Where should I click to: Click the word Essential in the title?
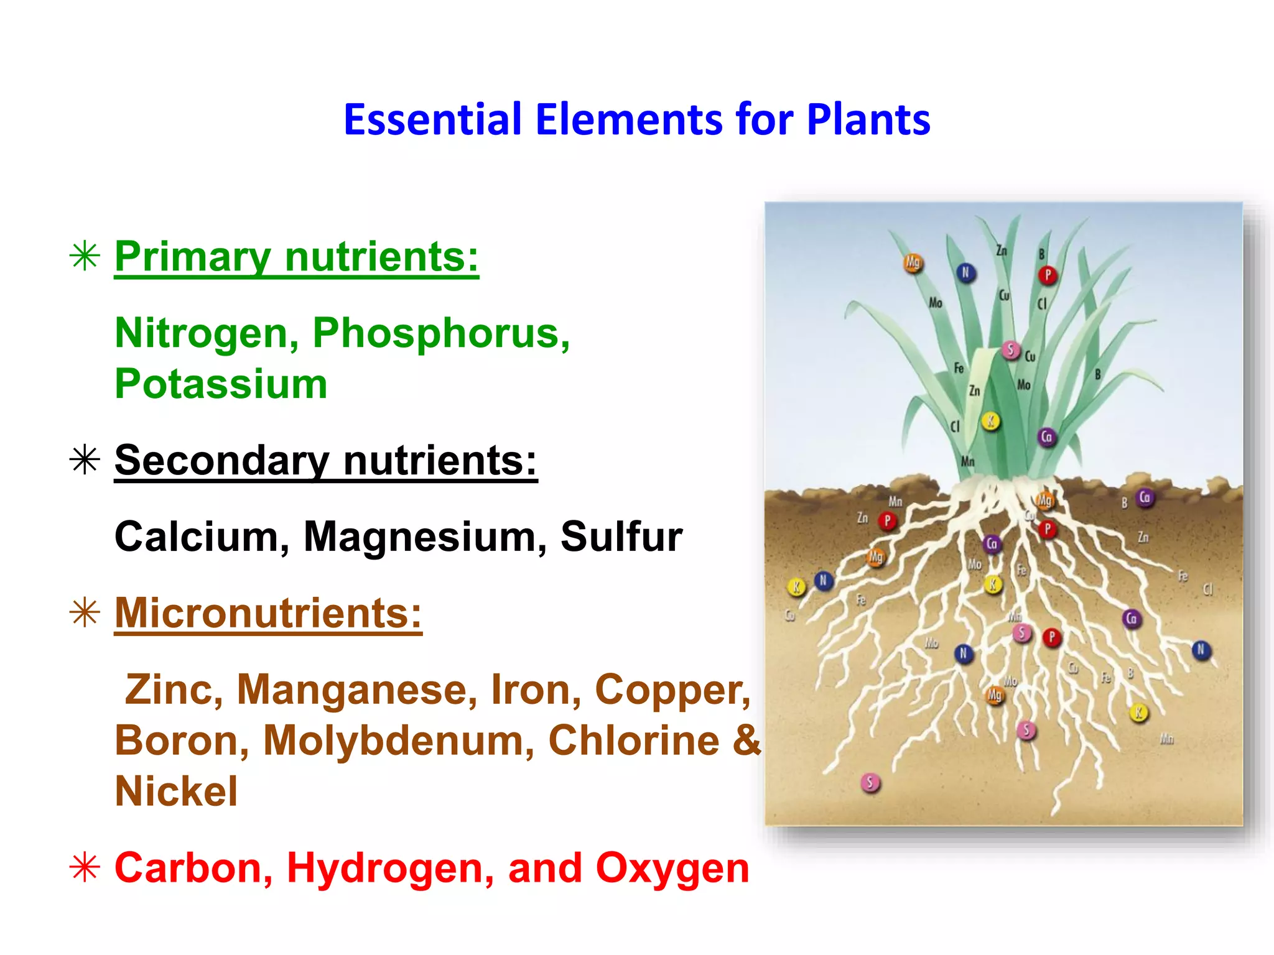coord(432,119)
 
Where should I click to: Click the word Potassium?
coord(221,384)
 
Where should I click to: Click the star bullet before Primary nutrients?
coord(85,256)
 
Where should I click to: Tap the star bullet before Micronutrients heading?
coord(85,613)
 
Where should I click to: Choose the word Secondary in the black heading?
coord(221,461)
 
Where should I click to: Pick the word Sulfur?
coord(621,537)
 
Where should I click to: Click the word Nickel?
coord(176,791)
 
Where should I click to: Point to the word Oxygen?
coord(672,868)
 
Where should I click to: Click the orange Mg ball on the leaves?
coord(913,263)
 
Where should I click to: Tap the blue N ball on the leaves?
coord(965,272)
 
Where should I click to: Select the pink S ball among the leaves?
coord(1010,350)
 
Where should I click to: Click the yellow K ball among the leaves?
coord(990,421)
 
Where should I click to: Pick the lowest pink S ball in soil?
coord(870,783)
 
